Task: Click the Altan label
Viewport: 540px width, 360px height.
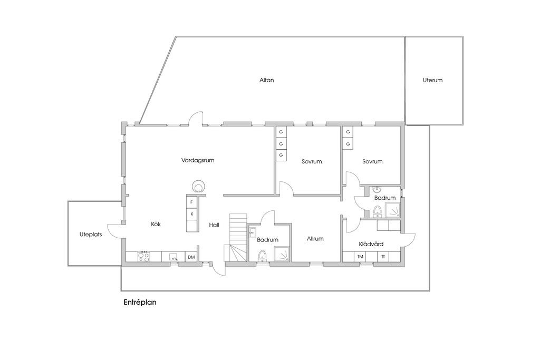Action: [x=266, y=80]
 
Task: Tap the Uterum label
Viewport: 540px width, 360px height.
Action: [x=432, y=80]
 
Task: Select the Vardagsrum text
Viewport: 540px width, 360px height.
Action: [x=198, y=160]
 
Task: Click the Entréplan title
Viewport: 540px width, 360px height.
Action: [x=140, y=302]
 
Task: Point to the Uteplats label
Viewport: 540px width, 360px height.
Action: [x=91, y=235]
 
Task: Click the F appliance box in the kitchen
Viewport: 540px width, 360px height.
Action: [x=192, y=202]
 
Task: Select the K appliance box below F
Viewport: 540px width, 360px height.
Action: [x=192, y=214]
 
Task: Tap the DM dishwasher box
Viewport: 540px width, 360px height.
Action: [x=191, y=257]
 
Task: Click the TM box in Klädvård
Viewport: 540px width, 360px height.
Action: [x=360, y=257]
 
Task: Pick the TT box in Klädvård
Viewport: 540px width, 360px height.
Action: [x=383, y=257]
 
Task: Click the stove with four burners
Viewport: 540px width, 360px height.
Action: [x=143, y=257]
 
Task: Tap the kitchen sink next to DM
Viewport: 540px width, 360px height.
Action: [x=173, y=257]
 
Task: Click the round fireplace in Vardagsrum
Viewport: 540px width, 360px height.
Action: [x=198, y=187]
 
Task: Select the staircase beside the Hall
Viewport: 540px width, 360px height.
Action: [x=236, y=238]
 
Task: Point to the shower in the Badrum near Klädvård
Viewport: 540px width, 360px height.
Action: [x=392, y=210]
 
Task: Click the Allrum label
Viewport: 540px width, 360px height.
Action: [x=315, y=239]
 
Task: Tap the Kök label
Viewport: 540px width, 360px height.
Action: [x=156, y=224]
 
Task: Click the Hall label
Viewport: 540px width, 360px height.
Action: [x=214, y=225]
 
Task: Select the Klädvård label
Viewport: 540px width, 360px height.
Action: [x=371, y=244]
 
